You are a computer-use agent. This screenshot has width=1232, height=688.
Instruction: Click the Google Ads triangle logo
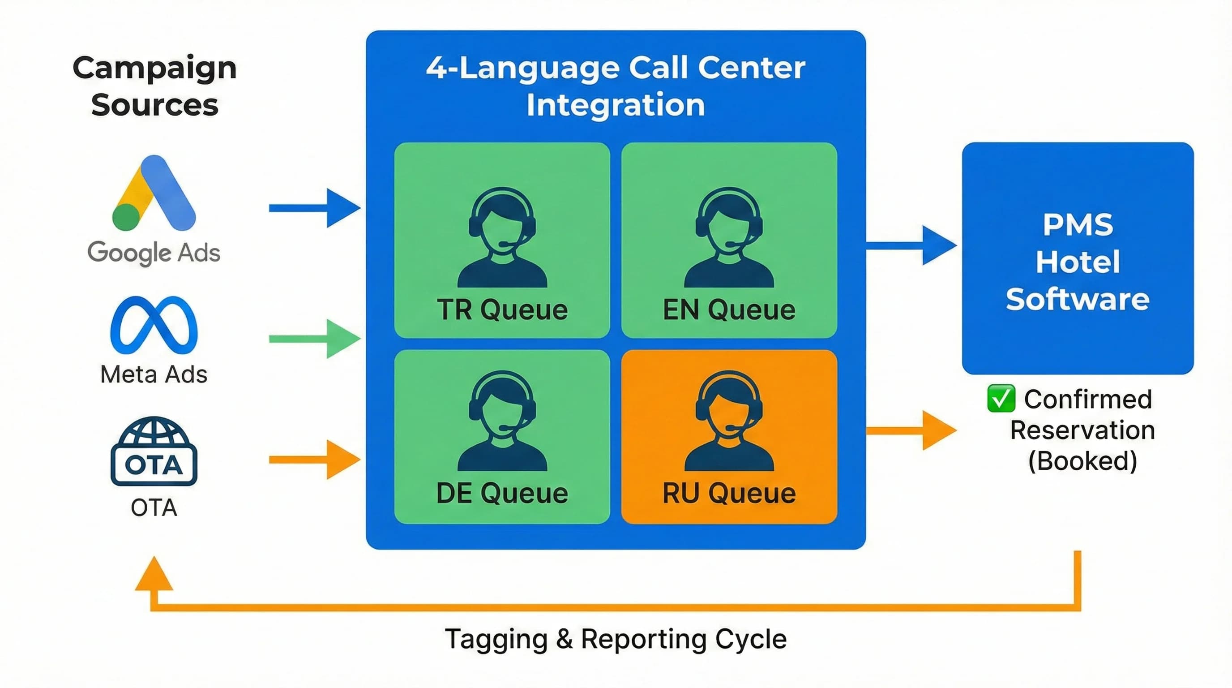coord(154,194)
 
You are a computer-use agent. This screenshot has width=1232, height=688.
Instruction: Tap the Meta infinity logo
coord(154,325)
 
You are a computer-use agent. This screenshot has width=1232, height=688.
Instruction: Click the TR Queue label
coord(502,310)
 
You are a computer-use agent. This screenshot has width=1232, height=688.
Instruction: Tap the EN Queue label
coord(729,310)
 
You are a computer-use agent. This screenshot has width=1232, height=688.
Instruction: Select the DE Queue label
coord(502,493)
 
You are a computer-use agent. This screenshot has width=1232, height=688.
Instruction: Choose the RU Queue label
coord(729,493)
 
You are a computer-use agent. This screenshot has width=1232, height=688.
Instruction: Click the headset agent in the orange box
coord(729,421)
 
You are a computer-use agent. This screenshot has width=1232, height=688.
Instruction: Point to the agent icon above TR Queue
coord(502,237)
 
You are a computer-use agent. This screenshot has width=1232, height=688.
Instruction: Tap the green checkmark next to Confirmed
coord(1001,398)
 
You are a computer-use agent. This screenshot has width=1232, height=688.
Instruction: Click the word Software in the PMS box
coord(1078,300)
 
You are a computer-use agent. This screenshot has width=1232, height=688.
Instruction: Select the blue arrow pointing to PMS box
coord(911,245)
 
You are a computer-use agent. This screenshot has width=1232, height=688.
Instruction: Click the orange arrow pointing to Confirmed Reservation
coord(911,430)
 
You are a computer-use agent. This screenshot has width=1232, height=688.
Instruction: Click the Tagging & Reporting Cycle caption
coord(616,639)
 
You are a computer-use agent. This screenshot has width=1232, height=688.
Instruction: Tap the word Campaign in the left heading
coord(154,69)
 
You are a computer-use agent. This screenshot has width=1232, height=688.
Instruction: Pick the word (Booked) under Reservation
coord(1082,461)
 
